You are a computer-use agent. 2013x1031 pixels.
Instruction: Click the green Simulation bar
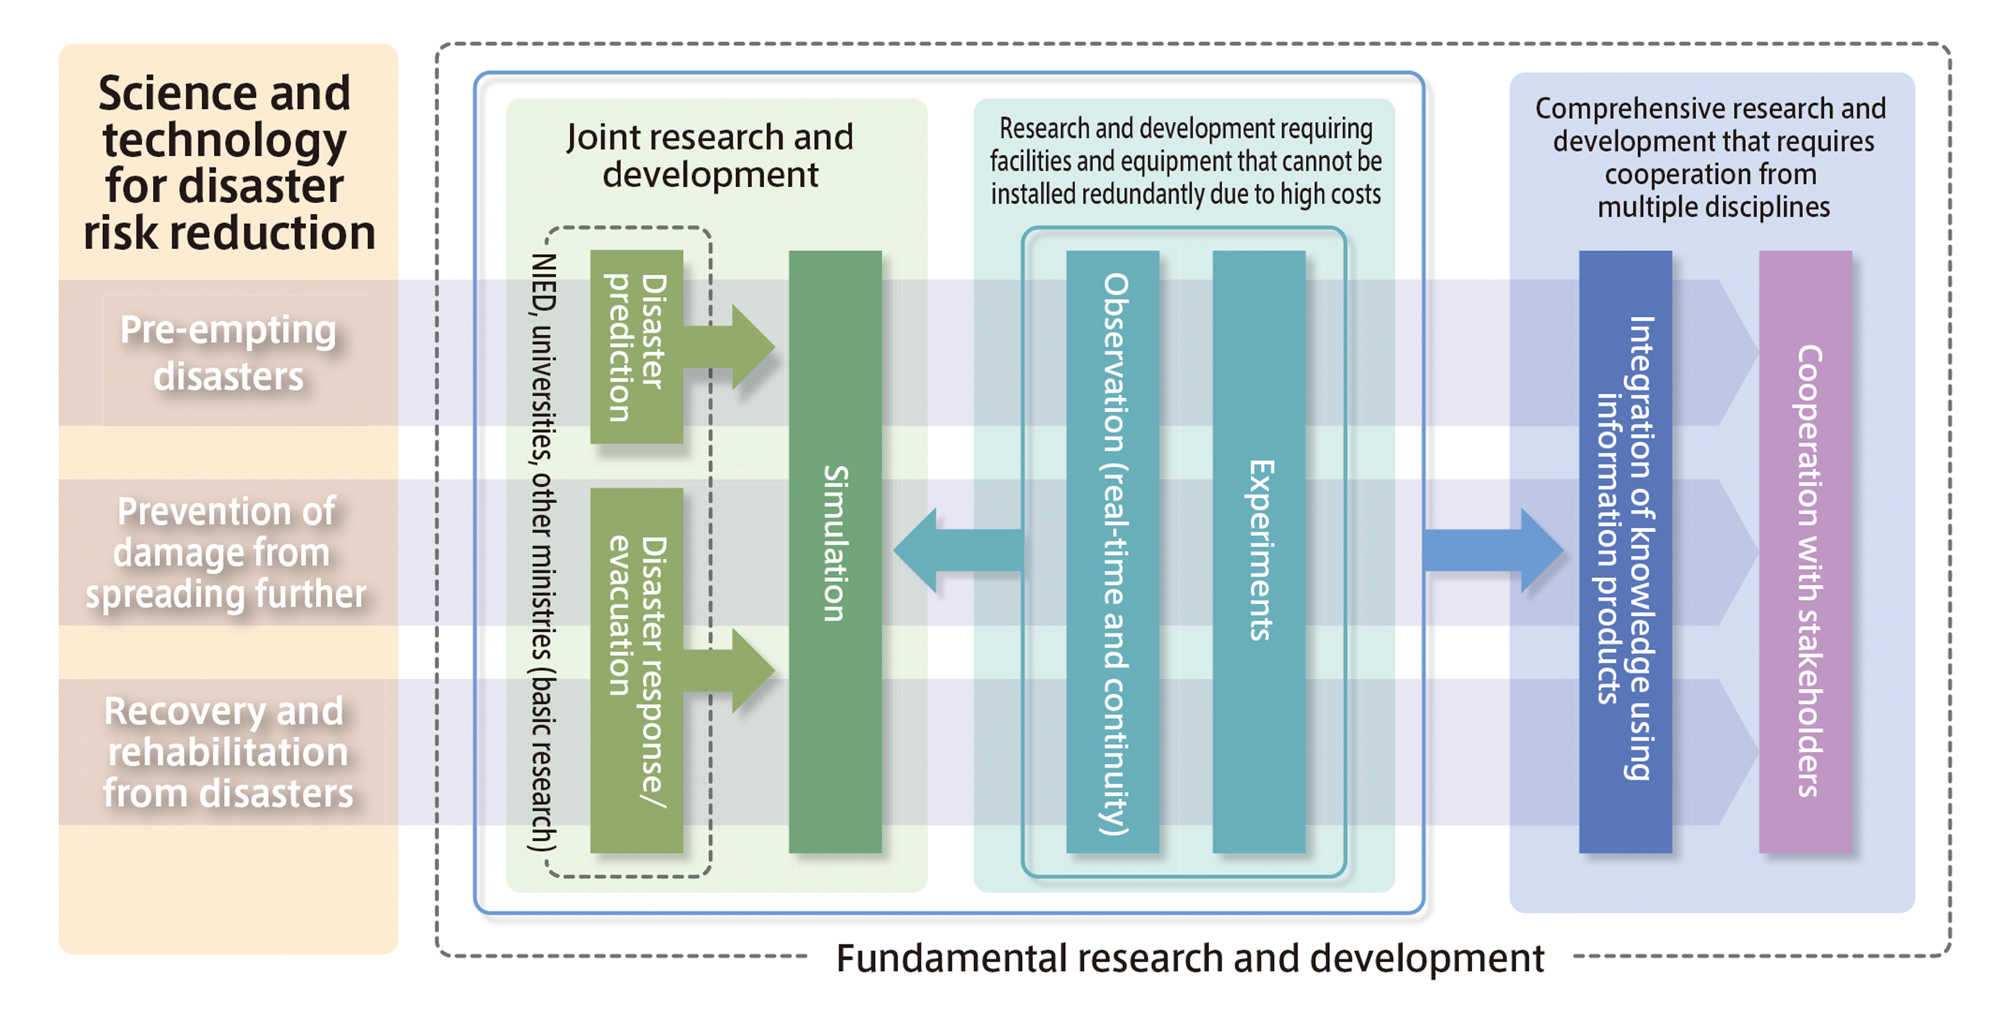[835, 551]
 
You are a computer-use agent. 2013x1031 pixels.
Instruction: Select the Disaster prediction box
[636, 346]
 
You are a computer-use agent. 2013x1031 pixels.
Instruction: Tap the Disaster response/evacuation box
[636, 670]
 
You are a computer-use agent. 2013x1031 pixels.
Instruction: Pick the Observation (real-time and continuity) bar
[1112, 551]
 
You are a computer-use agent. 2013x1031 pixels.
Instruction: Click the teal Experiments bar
[1258, 551]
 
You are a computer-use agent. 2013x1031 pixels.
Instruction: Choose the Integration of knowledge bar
[1624, 551]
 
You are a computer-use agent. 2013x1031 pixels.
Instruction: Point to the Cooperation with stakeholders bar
[1805, 551]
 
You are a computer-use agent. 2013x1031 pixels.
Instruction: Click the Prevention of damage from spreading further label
[226, 552]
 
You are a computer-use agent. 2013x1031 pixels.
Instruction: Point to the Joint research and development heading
[710, 156]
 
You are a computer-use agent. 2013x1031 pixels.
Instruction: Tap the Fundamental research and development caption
[1189, 958]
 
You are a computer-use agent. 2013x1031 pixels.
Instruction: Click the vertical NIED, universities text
[542, 551]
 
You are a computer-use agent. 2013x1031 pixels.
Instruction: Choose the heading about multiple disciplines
[1710, 157]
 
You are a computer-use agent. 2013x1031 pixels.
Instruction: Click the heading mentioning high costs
[1185, 161]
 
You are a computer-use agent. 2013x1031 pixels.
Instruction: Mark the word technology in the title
[225, 141]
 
